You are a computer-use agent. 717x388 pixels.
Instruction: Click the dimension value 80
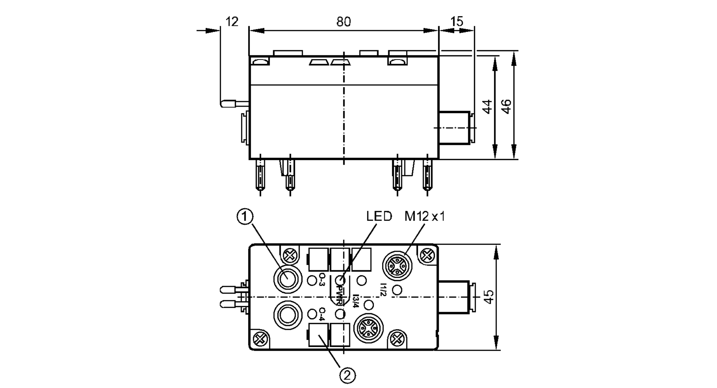(x=343, y=22)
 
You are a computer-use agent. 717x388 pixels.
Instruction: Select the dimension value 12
(x=232, y=22)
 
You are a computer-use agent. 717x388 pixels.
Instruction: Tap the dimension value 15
(x=457, y=22)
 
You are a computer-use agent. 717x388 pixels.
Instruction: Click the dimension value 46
(x=506, y=107)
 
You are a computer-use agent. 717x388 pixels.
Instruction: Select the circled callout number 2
(x=347, y=375)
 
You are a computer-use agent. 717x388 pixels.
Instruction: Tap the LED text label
(x=379, y=216)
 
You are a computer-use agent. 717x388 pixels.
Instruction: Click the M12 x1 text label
(x=424, y=216)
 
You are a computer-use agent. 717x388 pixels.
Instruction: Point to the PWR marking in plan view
(x=339, y=294)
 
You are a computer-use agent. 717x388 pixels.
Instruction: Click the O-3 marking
(x=322, y=280)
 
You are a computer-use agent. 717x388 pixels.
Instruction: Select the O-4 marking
(x=322, y=314)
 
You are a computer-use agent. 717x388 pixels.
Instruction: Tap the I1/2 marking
(x=383, y=290)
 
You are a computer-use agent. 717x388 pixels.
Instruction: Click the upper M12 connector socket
(x=398, y=266)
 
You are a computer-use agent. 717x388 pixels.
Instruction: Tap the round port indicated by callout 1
(x=286, y=279)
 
